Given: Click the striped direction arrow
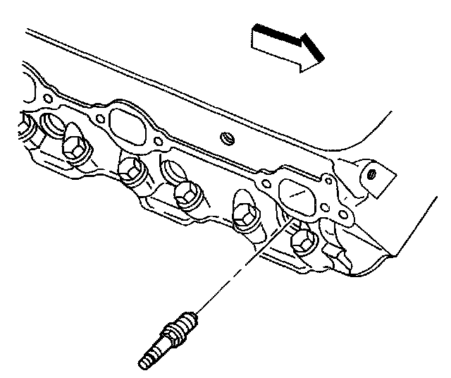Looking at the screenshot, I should (x=285, y=48).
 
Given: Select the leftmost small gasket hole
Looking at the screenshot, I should (x=48, y=93).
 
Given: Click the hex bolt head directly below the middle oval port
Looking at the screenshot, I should (x=129, y=169).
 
